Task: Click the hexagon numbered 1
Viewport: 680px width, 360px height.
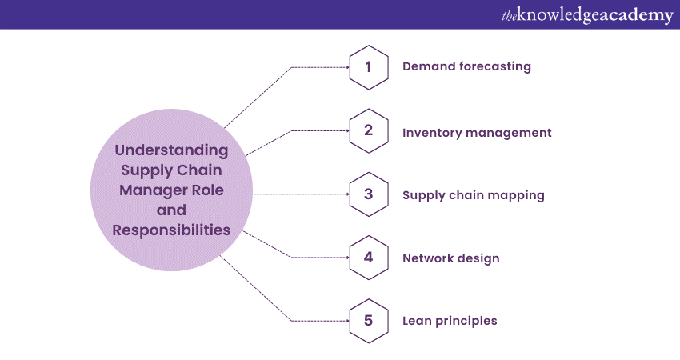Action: pyautogui.click(x=369, y=67)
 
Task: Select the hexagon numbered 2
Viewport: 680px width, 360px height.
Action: pyautogui.click(x=369, y=130)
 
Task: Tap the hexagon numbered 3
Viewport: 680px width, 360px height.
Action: pyautogui.click(x=369, y=194)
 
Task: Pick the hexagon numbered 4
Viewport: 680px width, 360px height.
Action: pyautogui.click(x=369, y=258)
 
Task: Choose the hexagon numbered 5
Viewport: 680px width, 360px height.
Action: pyautogui.click(x=369, y=321)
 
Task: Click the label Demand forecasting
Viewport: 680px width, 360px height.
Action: pyautogui.click(x=466, y=66)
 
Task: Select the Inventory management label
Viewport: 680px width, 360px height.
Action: pyautogui.click(x=477, y=133)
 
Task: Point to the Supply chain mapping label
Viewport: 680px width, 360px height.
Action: pyautogui.click(x=474, y=196)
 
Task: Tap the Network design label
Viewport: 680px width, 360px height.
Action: pyautogui.click(x=451, y=258)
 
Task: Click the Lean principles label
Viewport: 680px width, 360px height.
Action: pyautogui.click(x=450, y=321)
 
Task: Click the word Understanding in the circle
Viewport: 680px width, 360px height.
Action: pyautogui.click(x=171, y=150)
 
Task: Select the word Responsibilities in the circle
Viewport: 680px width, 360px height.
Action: pyautogui.click(x=171, y=230)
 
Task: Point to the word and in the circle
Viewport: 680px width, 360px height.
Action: pyautogui.click(x=171, y=210)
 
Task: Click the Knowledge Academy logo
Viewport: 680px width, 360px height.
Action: pyautogui.click(x=587, y=15)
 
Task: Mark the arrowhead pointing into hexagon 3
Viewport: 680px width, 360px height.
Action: pyautogui.click(x=348, y=194)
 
